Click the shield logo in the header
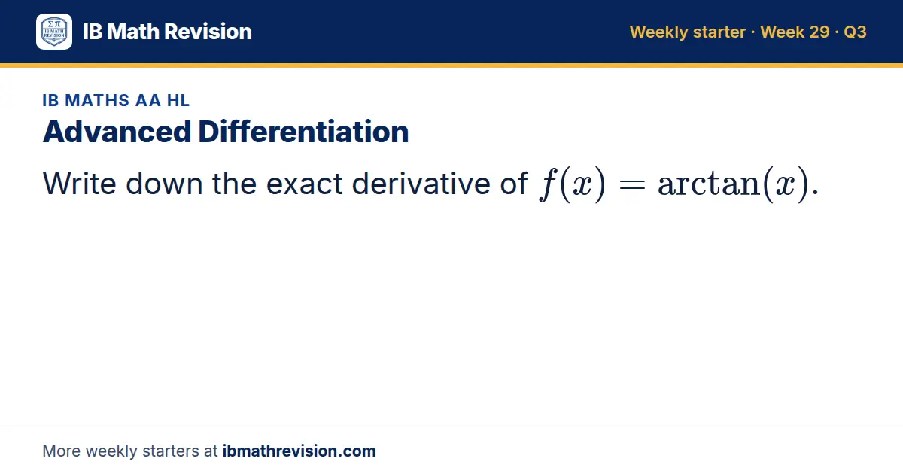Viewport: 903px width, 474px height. click(54, 32)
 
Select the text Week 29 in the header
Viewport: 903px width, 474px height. click(795, 32)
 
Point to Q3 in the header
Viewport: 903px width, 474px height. click(855, 32)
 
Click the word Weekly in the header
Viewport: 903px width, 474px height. click(658, 32)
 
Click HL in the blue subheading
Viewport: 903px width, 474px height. click(178, 100)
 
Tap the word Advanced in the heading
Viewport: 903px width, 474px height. click(117, 132)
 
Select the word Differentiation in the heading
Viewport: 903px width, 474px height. click(303, 132)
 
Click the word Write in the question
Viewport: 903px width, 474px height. click(80, 184)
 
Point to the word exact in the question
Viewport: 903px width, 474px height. click(304, 184)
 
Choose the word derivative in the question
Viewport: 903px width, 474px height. click(421, 184)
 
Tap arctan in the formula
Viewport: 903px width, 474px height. click(709, 184)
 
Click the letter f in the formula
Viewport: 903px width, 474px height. click(549, 184)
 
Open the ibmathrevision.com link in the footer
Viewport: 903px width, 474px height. click(299, 451)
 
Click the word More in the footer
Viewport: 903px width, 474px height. click(61, 451)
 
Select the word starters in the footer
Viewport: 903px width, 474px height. click(171, 451)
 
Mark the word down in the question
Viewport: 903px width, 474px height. click(164, 184)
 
